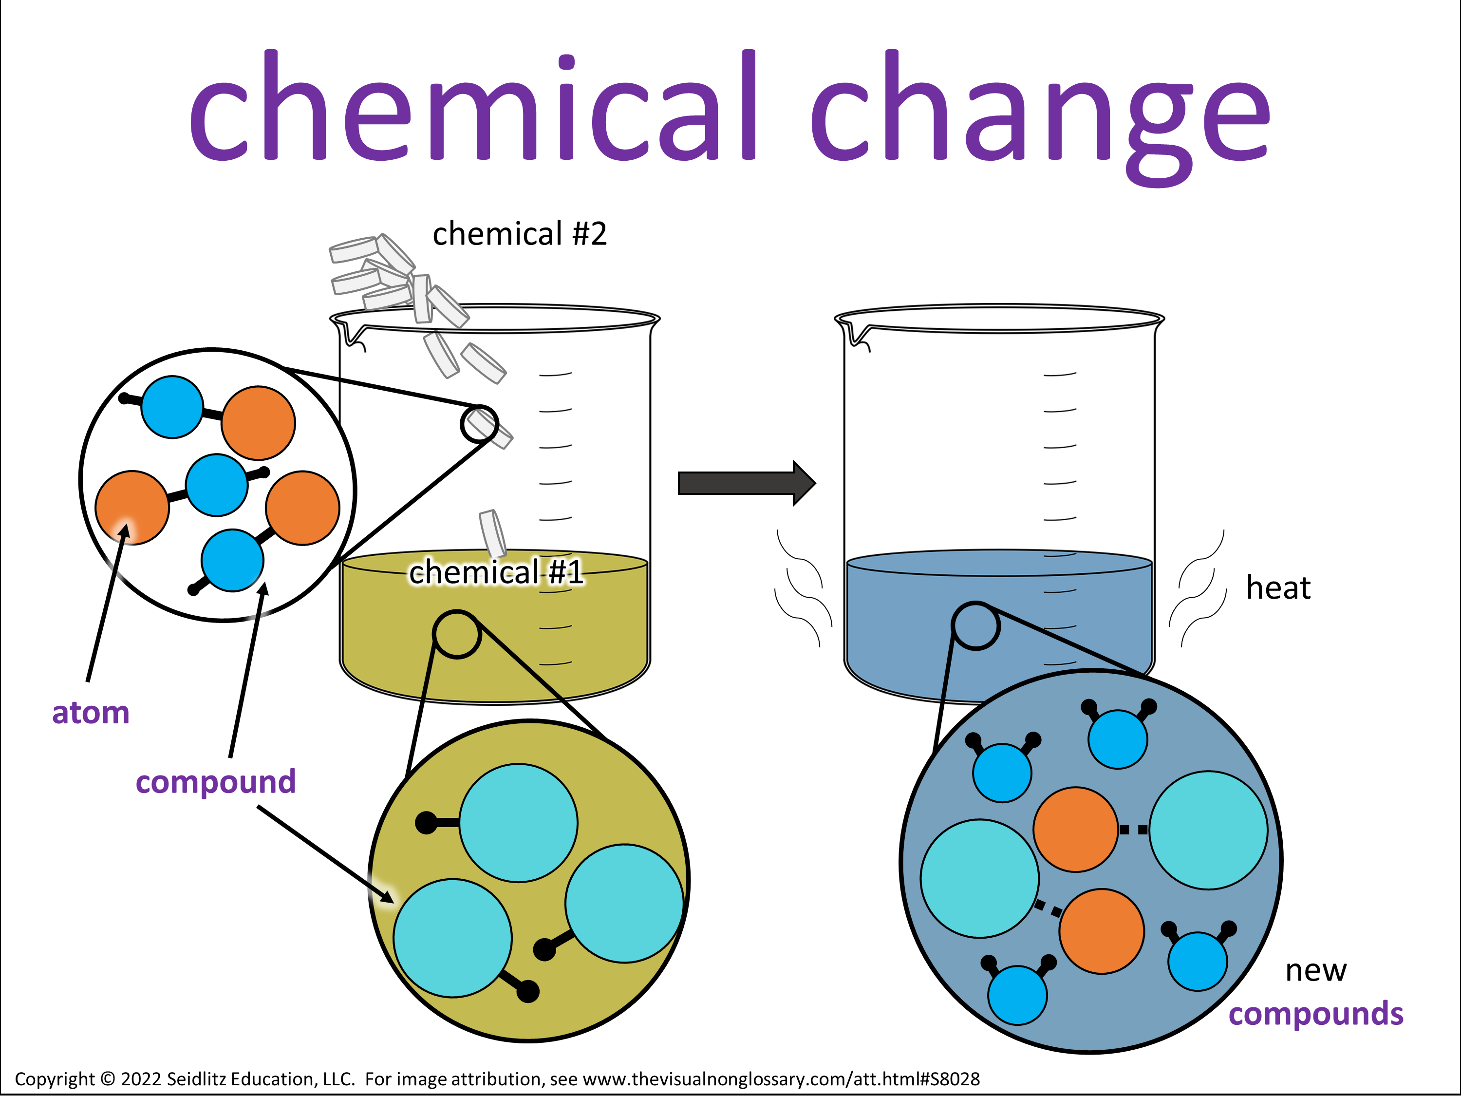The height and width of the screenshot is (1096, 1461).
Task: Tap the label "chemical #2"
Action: pyautogui.click(x=520, y=234)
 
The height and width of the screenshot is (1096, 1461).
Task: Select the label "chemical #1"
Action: pyautogui.click(x=496, y=572)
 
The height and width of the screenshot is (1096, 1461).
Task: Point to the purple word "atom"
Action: pyautogui.click(x=91, y=713)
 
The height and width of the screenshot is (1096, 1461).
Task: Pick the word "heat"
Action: pyautogui.click(x=1278, y=587)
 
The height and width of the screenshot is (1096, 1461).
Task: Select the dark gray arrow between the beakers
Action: pyautogui.click(x=747, y=483)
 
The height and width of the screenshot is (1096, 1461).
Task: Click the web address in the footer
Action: pyautogui.click(x=781, y=1079)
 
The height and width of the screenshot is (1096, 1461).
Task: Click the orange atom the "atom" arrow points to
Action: pyautogui.click(x=132, y=508)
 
